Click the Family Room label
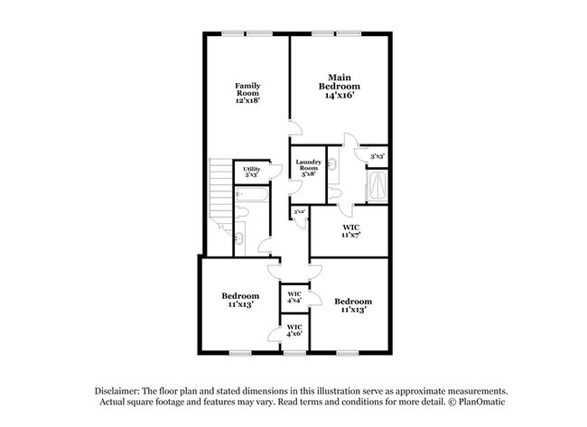point(248,92)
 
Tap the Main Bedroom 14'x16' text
point(339,86)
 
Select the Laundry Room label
point(308,167)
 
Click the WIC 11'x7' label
point(351,231)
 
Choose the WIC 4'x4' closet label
point(294,298)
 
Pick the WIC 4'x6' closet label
point(294,330)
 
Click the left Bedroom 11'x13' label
point(240,300)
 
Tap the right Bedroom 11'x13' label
point(352,305)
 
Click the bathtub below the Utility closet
point(249,193)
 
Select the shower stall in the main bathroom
point(378,188)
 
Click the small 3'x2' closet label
point(299,212)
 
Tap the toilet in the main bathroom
point(335,193)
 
